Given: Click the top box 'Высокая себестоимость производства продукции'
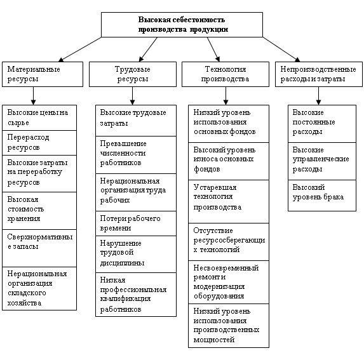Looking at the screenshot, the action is [182, 25].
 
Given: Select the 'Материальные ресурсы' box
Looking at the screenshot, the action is [43, 74].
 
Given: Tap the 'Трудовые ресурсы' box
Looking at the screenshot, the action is [133, 74].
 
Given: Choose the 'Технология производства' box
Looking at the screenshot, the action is [226, 74].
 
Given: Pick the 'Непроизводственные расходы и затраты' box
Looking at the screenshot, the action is [319, 74].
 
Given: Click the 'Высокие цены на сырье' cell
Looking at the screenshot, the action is [39, 117].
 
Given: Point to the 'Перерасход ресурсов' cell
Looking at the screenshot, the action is [39, 143].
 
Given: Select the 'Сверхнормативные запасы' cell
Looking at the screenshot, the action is [39, 248].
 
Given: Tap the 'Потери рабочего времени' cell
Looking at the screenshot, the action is [136, 223].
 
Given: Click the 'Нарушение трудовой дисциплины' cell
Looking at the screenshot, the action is [136, 254].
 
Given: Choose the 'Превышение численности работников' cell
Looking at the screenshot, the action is [136, 155].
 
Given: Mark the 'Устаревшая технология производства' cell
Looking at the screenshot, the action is [229, 201].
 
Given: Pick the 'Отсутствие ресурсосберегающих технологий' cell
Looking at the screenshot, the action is [229, 242].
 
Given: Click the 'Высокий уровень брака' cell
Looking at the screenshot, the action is [322, 196].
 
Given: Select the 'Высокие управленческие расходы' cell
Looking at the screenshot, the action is [322, 161].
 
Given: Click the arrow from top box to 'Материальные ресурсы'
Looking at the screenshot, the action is [80, 50].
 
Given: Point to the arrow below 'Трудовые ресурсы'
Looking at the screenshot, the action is [132, 96].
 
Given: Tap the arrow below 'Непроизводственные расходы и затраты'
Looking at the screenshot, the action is [318, 96].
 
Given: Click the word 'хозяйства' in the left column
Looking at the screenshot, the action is [24, 303].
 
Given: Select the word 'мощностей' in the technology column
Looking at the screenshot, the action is [214, 340].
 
